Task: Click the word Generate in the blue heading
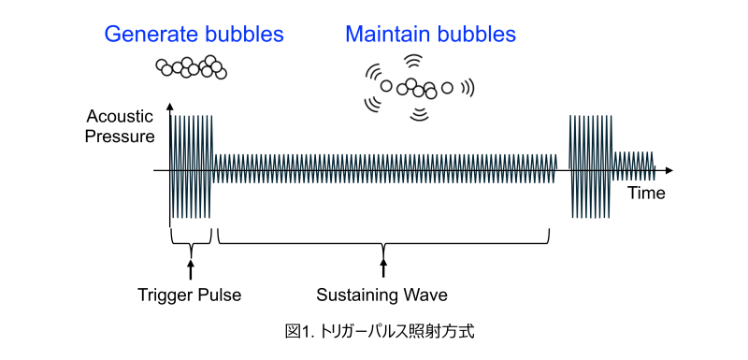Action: point(145,36)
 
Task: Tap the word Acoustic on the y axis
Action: point(120,118)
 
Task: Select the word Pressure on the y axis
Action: point(120,137)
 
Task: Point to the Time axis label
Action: point(646,194)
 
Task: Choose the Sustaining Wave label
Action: point(381,295)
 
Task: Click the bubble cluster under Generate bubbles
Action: point(191,67)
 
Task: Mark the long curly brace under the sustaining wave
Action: point(382,239)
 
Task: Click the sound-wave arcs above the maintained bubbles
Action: point(411,63)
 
